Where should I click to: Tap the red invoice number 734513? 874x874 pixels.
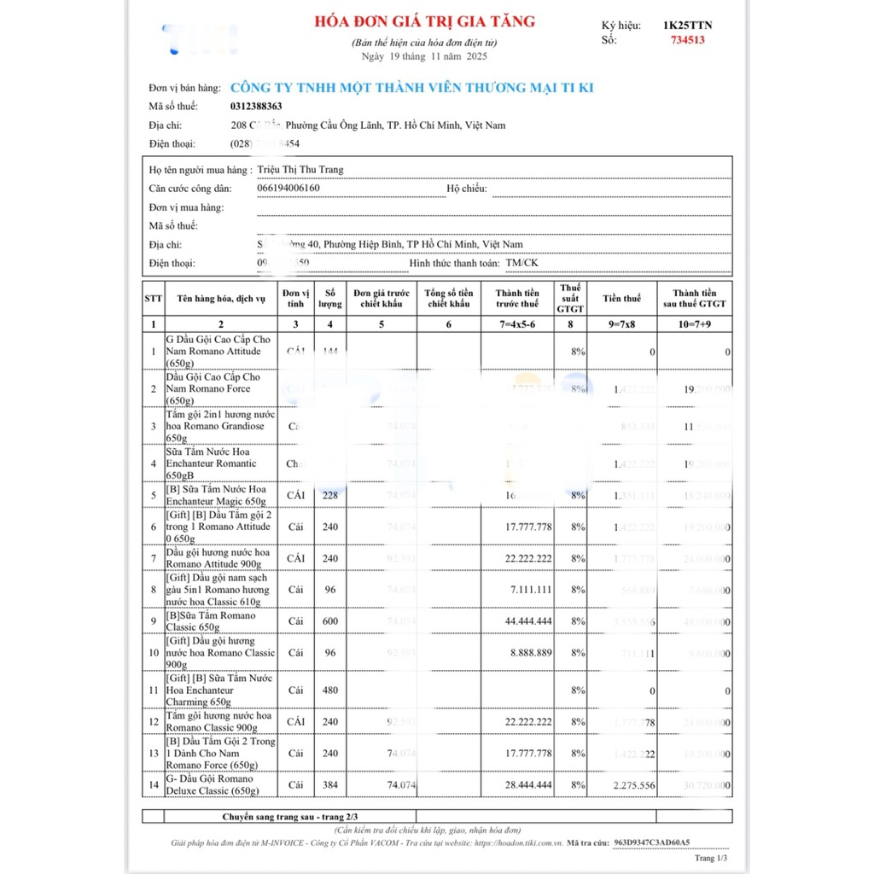tap(688, 39)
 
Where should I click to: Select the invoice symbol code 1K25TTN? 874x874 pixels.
tap(687, 25)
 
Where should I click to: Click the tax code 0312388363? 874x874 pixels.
tap(256, 106)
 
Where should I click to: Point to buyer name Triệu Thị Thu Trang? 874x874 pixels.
tap(300, 169)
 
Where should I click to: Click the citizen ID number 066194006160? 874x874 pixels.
tap(288, 188)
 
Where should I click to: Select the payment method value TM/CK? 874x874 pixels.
tap(521, 263)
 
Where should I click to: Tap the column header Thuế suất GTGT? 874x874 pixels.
tap(570, 298)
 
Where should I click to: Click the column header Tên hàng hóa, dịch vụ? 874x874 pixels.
tap(221, 299)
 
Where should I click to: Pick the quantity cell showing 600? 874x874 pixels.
tap(329, 621)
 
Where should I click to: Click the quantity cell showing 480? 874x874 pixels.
tap(329, 690)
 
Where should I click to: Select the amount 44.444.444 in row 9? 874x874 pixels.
tap(528, 621)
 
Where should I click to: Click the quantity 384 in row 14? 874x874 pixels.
tap(329, 785)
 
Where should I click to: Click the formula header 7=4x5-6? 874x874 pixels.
tap(517, 324)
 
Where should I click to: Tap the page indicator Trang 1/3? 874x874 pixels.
tap(711, 858)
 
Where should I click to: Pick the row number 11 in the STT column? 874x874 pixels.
tap(153, 690)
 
